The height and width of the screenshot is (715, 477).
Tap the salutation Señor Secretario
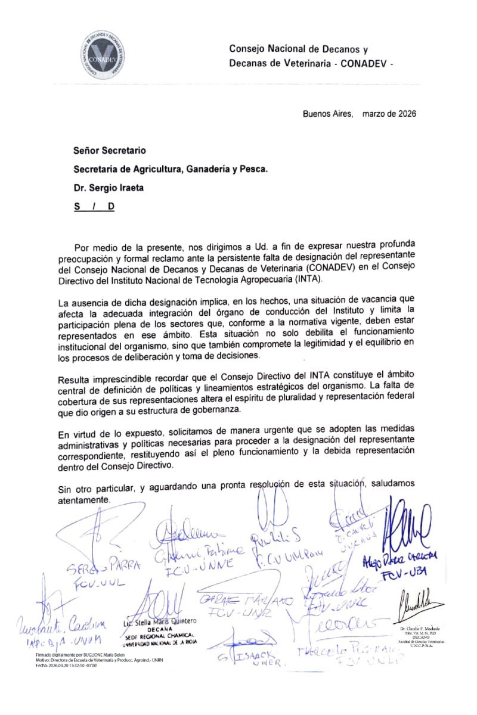(109, 151)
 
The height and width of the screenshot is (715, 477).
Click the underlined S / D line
(94, 206)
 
